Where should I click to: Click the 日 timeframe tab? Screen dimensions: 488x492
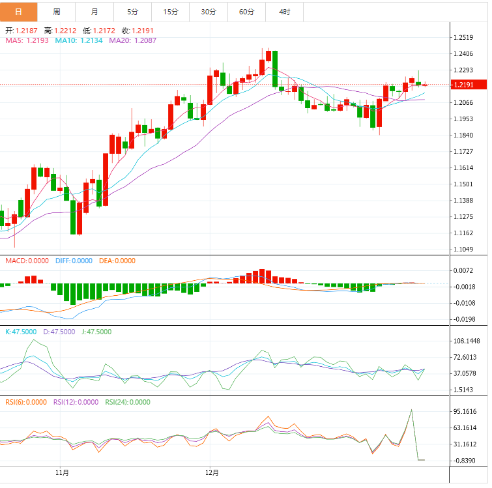tap(18, 12)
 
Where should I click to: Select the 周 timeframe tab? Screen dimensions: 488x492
tap(57, 12)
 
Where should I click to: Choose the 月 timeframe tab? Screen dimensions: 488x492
tap(95, 12)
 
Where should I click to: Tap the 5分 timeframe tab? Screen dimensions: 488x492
tap(133, 12)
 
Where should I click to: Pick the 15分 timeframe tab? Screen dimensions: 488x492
tap(171, 12)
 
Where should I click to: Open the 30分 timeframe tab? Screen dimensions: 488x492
tap(209, 12)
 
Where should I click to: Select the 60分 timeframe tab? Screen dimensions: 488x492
tap(247, 12)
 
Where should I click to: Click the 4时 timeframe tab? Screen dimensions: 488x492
tap(285, 12)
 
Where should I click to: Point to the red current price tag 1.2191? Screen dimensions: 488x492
tap(470, 85)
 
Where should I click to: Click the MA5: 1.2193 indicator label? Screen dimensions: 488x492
tap(27, 40)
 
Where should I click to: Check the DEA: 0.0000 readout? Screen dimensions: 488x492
tap(117, 261)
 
